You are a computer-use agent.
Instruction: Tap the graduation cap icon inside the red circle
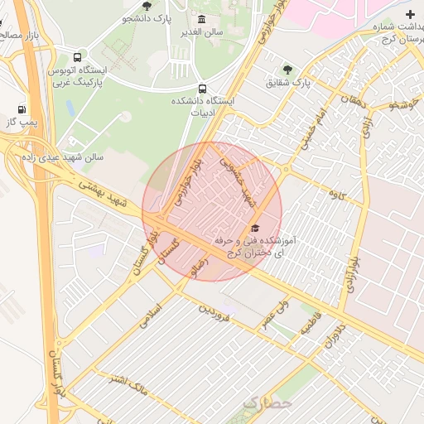(255, 228)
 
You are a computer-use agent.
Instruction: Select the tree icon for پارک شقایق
(287, 70)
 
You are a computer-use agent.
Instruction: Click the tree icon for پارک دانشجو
(147, 6)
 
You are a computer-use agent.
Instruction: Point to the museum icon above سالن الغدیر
(202, 19)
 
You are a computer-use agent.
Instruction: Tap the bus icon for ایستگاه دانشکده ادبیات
(202, 88)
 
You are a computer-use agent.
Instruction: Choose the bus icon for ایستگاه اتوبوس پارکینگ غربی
(77, 58)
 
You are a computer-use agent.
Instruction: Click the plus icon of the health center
(411, 15)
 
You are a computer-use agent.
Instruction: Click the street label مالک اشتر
(129, 382)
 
